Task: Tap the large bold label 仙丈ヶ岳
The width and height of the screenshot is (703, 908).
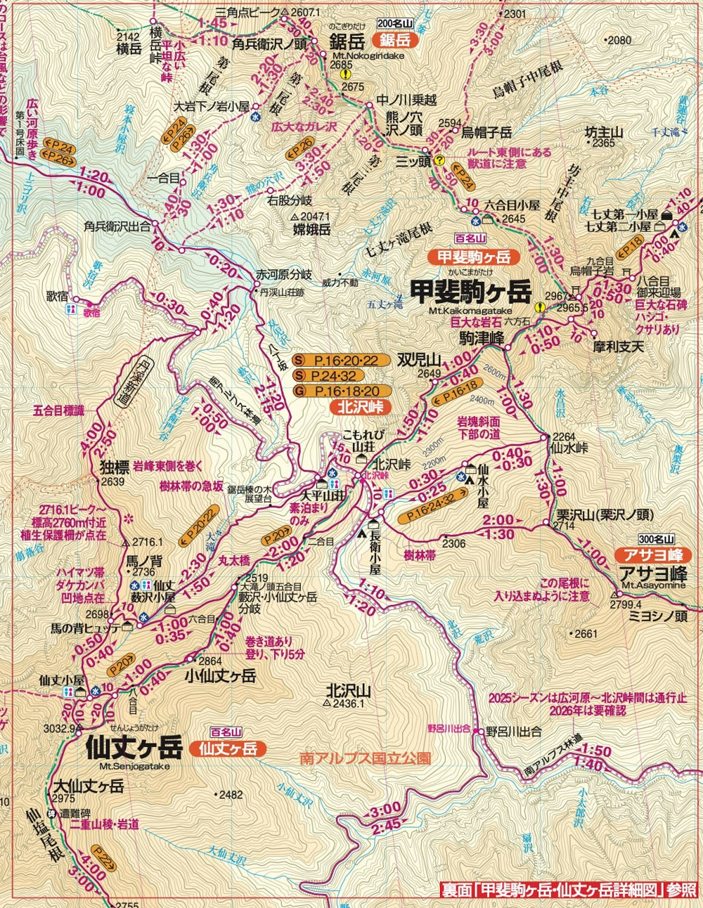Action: coord(134,746)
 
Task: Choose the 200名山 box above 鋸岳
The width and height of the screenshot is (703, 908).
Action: coord(394,23)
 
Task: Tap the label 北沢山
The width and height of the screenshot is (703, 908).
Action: coord(348,690)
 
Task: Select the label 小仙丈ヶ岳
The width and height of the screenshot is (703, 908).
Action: coord(220,675)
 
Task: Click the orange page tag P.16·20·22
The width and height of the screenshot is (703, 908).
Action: coord(342,361)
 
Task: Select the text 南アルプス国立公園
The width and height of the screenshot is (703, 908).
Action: coord(364,759)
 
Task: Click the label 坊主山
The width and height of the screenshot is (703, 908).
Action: coord(604,131)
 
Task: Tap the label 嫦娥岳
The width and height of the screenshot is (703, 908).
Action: coord(312,228)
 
